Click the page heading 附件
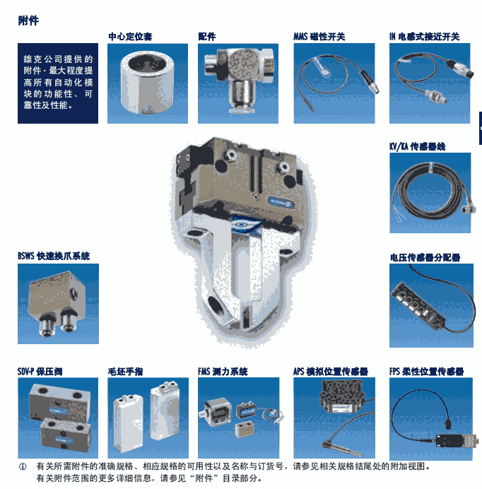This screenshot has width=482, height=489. point(28,20)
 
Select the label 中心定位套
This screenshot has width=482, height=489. point(130,36)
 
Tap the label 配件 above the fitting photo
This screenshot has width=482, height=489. point(207,36)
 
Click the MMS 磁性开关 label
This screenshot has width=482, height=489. point(319,36)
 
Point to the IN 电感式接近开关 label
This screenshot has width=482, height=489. point(424,36)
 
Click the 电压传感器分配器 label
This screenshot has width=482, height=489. point(425,257)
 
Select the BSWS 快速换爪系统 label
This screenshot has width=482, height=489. point(54,257)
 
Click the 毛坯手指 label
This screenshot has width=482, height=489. point(125,371)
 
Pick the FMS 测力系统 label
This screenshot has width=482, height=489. point(223,371)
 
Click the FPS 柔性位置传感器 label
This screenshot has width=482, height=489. point(426,371)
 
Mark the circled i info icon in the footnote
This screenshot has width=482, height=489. point(22,466)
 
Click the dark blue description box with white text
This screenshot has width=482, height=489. point(58,83)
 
